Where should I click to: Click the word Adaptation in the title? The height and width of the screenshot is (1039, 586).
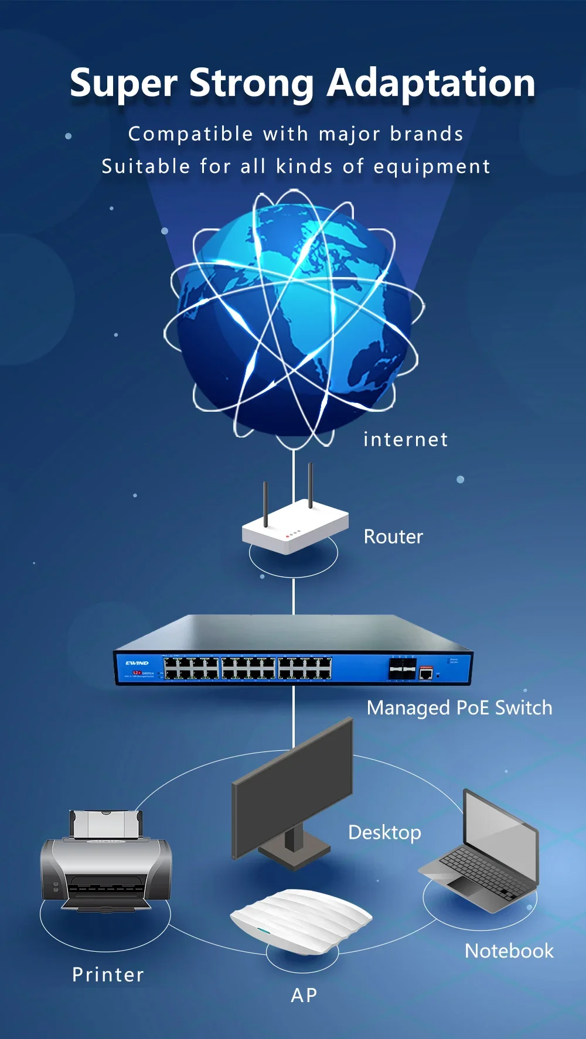click(x=431, y=83)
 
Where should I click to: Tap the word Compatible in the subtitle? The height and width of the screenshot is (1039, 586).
click(x=190, y=135)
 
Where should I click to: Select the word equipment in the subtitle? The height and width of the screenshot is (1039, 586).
click(x=431, y=167)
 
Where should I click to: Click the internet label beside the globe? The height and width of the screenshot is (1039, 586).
click(x=406, y=439)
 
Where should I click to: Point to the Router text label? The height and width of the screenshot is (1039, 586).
click(x=393, y=536)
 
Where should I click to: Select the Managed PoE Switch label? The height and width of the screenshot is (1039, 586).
click(x=459, y=708)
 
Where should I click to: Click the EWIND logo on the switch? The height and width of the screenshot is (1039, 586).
click(x=137, y=663)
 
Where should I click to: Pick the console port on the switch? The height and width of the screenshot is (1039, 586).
click(x=426, y=674)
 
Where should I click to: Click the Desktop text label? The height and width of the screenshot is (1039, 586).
click(x=384, y=832)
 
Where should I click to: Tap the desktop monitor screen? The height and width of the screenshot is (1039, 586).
click(x=293, y=791)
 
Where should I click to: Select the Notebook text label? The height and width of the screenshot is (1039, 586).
click(x=509, y=951)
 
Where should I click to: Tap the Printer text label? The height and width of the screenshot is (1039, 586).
click(x=108, y=975)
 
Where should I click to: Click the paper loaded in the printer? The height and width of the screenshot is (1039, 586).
click(x=105, y=824)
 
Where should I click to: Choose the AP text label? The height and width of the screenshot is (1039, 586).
click(x=304, y=995)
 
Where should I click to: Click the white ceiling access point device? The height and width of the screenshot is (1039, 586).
click(x=301, y=918)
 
